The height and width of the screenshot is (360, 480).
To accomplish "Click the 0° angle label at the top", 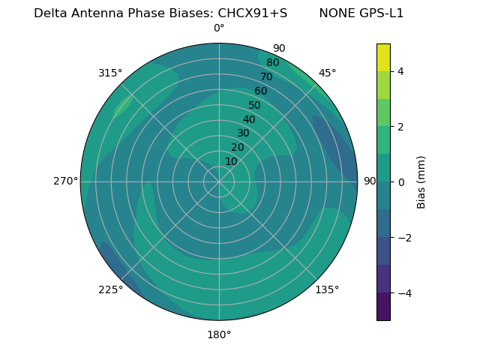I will click(x=219, y=28).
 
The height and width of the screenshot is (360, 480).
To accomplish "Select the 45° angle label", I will click(x=327, y=73).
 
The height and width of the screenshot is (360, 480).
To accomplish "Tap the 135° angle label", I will click(x=327, y=289).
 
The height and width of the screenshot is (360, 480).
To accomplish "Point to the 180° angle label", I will click(x=219, y=334).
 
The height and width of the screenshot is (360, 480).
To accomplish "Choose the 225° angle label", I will click(x=110, y=289).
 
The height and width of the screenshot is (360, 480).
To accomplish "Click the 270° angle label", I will click(x=65, y=181).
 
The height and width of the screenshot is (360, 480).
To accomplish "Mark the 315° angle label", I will click(x=110, y=73).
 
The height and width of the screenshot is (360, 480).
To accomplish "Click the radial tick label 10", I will click(x=231, y=161).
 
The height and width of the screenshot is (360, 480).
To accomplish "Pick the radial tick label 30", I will click(x=243, y=133).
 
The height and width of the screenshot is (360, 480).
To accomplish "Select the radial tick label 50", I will click(x=255, y=106).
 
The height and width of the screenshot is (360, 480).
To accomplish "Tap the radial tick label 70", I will click(x=266, y=77).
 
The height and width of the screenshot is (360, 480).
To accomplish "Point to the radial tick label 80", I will click(x=272, y=63).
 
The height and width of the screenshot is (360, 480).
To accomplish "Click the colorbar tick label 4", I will click(x=400, y=71).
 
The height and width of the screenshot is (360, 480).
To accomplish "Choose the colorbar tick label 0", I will click(x=400, y=182).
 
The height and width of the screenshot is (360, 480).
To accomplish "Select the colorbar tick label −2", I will click(x=403, y=238).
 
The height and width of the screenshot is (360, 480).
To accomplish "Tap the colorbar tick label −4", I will click(x=403, y=293).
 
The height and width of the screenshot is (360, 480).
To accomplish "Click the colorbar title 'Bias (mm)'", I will click(x=421, y=182).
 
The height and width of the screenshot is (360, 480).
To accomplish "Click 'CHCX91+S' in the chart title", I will click(x=253, y=13).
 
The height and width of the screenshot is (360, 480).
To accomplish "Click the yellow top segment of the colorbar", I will click(x=383, y=57).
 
